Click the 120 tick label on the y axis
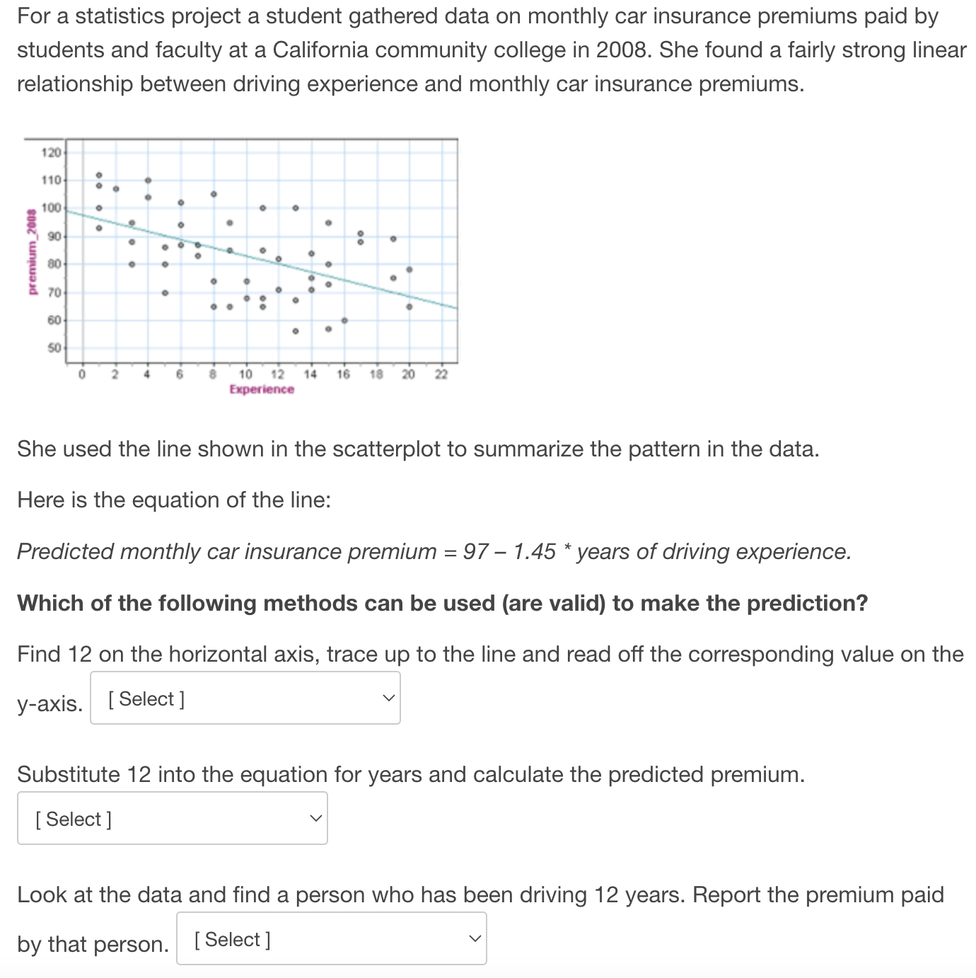click(51, 152)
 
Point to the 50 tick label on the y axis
click(54, 348)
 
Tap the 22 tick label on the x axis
click(441, 374)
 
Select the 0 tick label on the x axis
click(82, 374)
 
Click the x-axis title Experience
click(262, 389)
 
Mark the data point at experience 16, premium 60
click(344, 321)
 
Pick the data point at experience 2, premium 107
click(115, 189)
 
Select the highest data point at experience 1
click(99, 175)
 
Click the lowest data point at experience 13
click(296, 330)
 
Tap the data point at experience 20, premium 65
click(409, 306)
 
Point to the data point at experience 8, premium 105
click(214, 194)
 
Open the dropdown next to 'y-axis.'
click(245, 698)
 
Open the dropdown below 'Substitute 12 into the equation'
click(173, 818)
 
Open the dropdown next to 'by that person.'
click(331, 938)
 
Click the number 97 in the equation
click(476, 551)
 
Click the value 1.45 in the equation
click(535, 551)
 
